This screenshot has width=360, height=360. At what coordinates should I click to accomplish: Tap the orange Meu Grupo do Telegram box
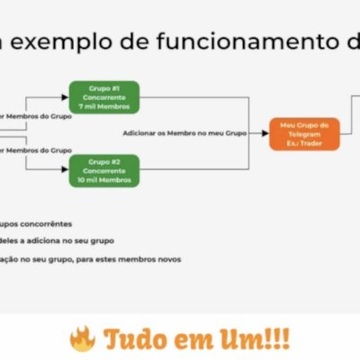(x=304, y=133)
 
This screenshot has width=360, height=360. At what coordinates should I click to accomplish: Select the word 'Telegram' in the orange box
(x=304, y=133)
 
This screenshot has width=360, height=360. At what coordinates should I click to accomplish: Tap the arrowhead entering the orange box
(x=265, y=133)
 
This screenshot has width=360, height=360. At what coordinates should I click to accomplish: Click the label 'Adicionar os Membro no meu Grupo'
(x=189, y=133)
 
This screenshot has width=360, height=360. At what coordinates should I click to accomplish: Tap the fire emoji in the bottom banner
(x=83, y=339)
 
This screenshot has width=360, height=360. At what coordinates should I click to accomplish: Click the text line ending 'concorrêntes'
(x=36, y=223)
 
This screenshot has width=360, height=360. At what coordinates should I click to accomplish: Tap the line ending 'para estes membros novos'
(x=90, y=259)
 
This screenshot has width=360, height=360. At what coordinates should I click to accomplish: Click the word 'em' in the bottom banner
(x=191, y=340)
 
